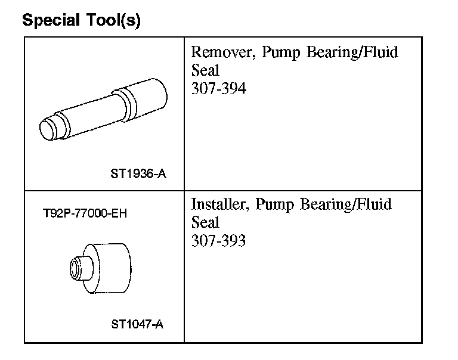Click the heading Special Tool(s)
coord(81,20)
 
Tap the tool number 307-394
coord(219,88)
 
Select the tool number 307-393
coord(218,240)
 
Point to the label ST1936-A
coord(138,174)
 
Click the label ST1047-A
coord(137,324)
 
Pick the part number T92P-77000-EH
coord(85,213)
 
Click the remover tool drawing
coord(103,110)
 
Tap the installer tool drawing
coord(100,268)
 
